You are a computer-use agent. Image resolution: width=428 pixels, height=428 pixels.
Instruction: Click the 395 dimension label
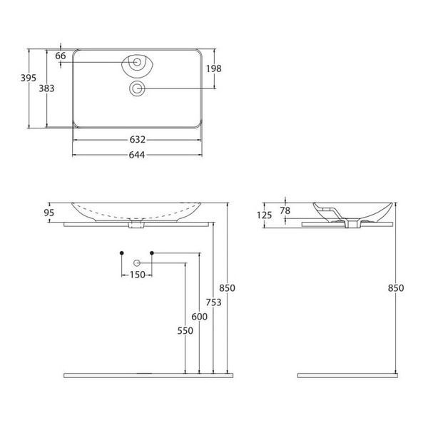tap(29, 78)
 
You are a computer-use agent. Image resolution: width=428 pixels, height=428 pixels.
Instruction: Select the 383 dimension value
tap(46, 88)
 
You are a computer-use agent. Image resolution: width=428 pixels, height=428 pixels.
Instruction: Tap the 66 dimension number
tap(61, 56)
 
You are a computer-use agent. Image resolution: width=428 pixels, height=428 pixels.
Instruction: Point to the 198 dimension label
tap(214, 68)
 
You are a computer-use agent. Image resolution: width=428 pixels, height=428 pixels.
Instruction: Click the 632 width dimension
tap(137, 140)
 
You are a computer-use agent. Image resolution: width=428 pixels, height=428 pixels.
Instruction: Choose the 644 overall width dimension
tap(137, 155)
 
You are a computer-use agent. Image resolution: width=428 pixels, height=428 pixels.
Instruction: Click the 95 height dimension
tap(49, 213)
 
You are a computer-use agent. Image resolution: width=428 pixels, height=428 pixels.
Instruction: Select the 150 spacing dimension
tap(137, 275)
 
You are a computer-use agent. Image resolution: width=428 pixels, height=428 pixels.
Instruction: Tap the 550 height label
tap(185, 330)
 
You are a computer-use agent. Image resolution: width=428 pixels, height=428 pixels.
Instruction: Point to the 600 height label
tap(199, 317)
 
